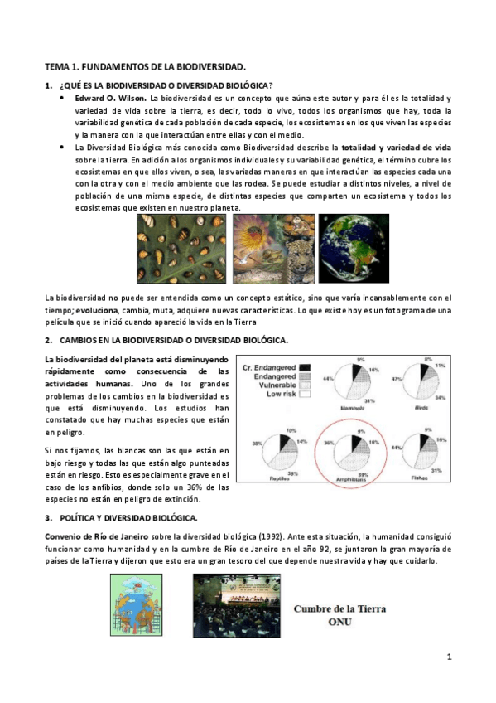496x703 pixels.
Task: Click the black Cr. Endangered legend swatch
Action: coord(305,366)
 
